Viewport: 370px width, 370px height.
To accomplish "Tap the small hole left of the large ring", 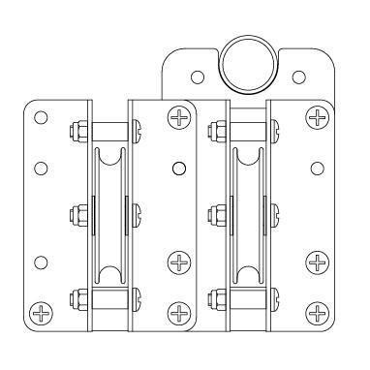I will point(197,76).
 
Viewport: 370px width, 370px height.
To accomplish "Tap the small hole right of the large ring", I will point(297,77).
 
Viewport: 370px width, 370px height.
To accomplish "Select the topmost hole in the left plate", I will point(40,117).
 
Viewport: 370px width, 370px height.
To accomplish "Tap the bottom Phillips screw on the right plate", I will point(316,312).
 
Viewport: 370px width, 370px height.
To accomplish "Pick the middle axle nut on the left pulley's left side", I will point(76,212).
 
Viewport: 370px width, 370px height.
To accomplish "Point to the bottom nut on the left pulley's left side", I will point(76,296).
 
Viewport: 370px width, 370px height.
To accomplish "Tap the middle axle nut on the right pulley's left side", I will point(213,212).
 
